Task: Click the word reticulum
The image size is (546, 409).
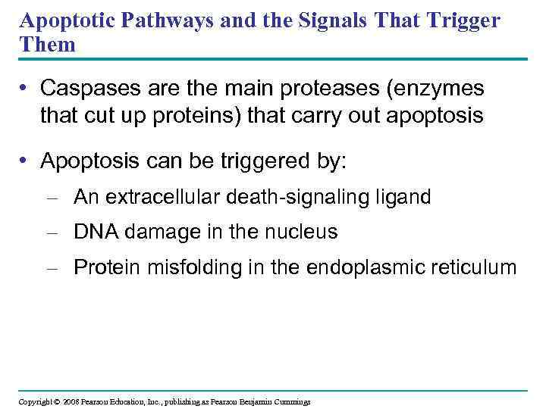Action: (471, 267)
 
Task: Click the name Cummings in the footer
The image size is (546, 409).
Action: (288, 401)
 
